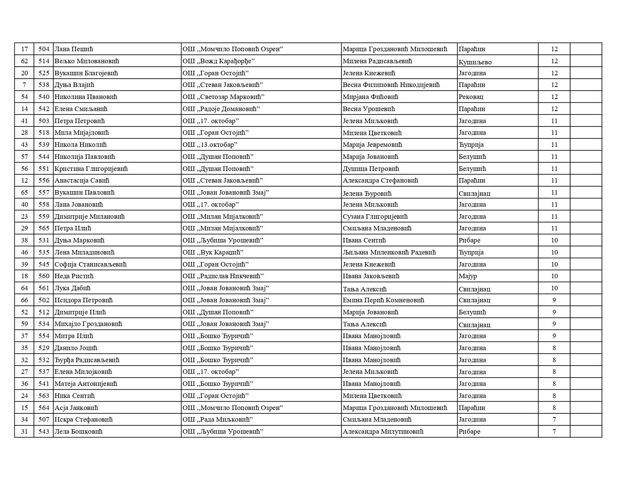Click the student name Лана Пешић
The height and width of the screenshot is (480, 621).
click(x=74, y=49)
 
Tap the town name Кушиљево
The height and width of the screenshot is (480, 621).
click(x=475, y=62)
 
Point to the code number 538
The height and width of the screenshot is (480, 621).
click(x=44, y=85)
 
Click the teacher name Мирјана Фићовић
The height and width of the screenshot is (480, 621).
click(x=370, y=97)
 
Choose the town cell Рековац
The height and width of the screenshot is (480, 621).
click(x=471, y=97)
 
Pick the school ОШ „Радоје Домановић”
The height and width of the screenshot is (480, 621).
click(x=221, y=109)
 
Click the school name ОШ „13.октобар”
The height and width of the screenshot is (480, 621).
click(x=210, y=145)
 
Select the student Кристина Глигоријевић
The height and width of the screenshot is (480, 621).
click(x=91, y=169)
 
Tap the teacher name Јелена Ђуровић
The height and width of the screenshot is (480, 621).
click(x=367, y=194)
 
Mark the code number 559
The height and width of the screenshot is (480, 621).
click(x=44, y=216)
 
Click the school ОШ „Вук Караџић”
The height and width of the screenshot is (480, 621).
click(x=213, y=252)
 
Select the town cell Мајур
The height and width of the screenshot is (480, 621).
click(x=468, y=276)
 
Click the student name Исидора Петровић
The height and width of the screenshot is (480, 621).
click(x=84, y=300)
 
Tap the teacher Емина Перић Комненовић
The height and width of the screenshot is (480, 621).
click(x=383, y=300)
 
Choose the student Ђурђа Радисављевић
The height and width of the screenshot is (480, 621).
click(x=87, y=360)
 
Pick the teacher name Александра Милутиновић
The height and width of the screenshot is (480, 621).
click(x=383, y=431)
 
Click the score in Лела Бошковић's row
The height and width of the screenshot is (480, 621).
click(x=554, y=431)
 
